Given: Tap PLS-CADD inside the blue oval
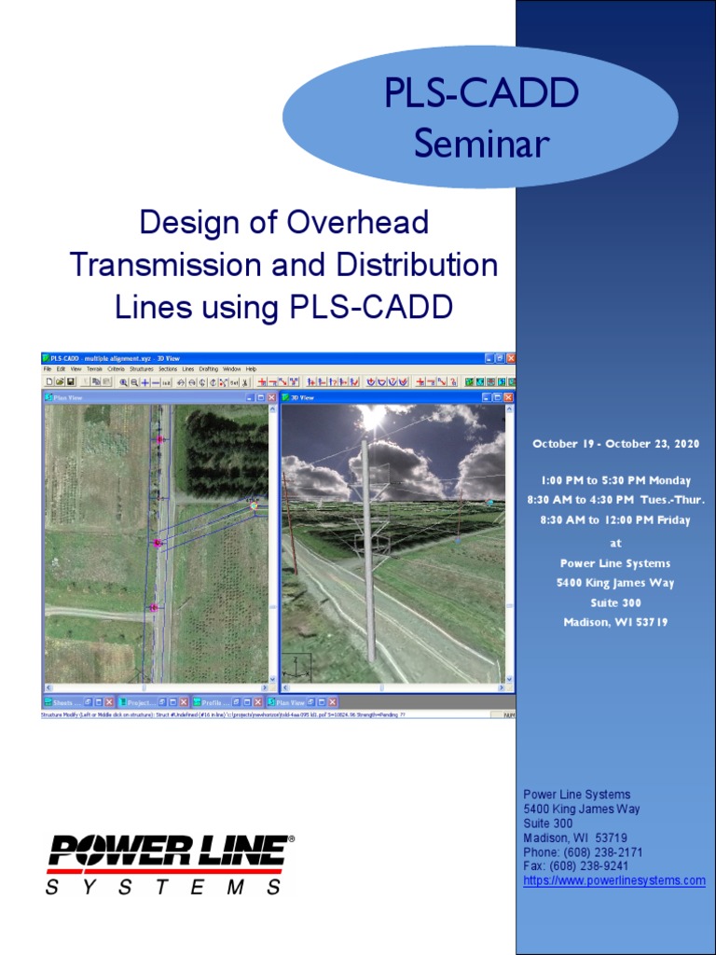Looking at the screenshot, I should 481,94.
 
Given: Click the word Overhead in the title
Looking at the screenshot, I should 358,222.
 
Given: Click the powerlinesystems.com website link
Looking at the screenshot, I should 614,880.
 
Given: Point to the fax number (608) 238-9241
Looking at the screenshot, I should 596,866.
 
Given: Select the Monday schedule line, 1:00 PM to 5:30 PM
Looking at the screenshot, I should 615,480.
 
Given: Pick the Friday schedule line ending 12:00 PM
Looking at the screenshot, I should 615,520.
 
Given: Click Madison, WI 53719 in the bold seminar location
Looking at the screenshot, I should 615,622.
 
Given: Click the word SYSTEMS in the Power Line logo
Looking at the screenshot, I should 164,888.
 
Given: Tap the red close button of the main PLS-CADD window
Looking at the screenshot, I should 510,358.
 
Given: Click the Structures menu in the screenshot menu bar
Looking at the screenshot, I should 142,369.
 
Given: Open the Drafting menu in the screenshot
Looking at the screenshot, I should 207,369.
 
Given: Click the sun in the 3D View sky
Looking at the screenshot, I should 373,417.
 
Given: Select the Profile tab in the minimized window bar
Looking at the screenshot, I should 215,701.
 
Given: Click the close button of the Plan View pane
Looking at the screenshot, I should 272,397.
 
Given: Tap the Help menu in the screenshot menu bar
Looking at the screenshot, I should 251,369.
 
